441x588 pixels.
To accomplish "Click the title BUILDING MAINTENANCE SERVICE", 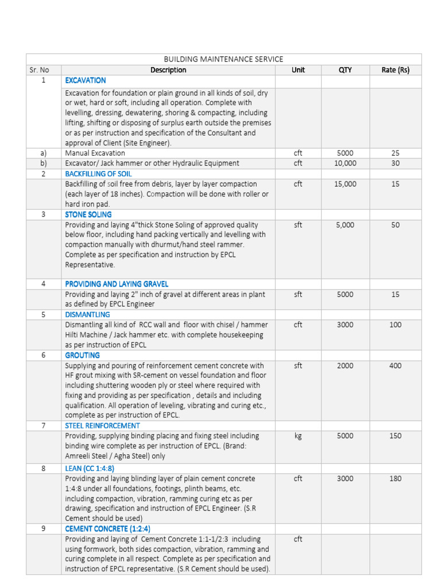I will tap(223, 59).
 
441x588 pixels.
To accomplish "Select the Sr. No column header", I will tap(40, 70).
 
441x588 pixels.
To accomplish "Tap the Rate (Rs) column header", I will tap(395, 70).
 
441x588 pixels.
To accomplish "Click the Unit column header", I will tap(298, 70).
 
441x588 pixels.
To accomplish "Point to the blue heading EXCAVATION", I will tap(86, 80).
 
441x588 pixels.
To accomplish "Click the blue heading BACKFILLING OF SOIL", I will tap(98, 173).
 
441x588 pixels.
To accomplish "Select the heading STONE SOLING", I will tap(88, 214).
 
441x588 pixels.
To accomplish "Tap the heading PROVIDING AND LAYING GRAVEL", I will tap(117, 284).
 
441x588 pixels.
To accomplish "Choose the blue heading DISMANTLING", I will tap(87, 315).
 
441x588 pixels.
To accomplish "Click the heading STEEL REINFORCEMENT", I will tap(102, 425).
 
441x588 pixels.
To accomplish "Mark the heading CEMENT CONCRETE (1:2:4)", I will tap(108, 528).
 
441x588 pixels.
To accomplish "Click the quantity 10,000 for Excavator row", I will tap(345, 163).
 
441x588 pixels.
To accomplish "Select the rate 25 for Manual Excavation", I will tap(395, 153).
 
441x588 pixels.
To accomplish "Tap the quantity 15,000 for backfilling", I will tap(345, 184).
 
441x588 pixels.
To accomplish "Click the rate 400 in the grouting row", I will tap(395, 366).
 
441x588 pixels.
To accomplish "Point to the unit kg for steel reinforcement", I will tap(298, 436).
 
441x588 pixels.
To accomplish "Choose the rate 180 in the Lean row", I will tap(395, 478).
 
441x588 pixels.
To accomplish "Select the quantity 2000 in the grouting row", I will tap(345, 366).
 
